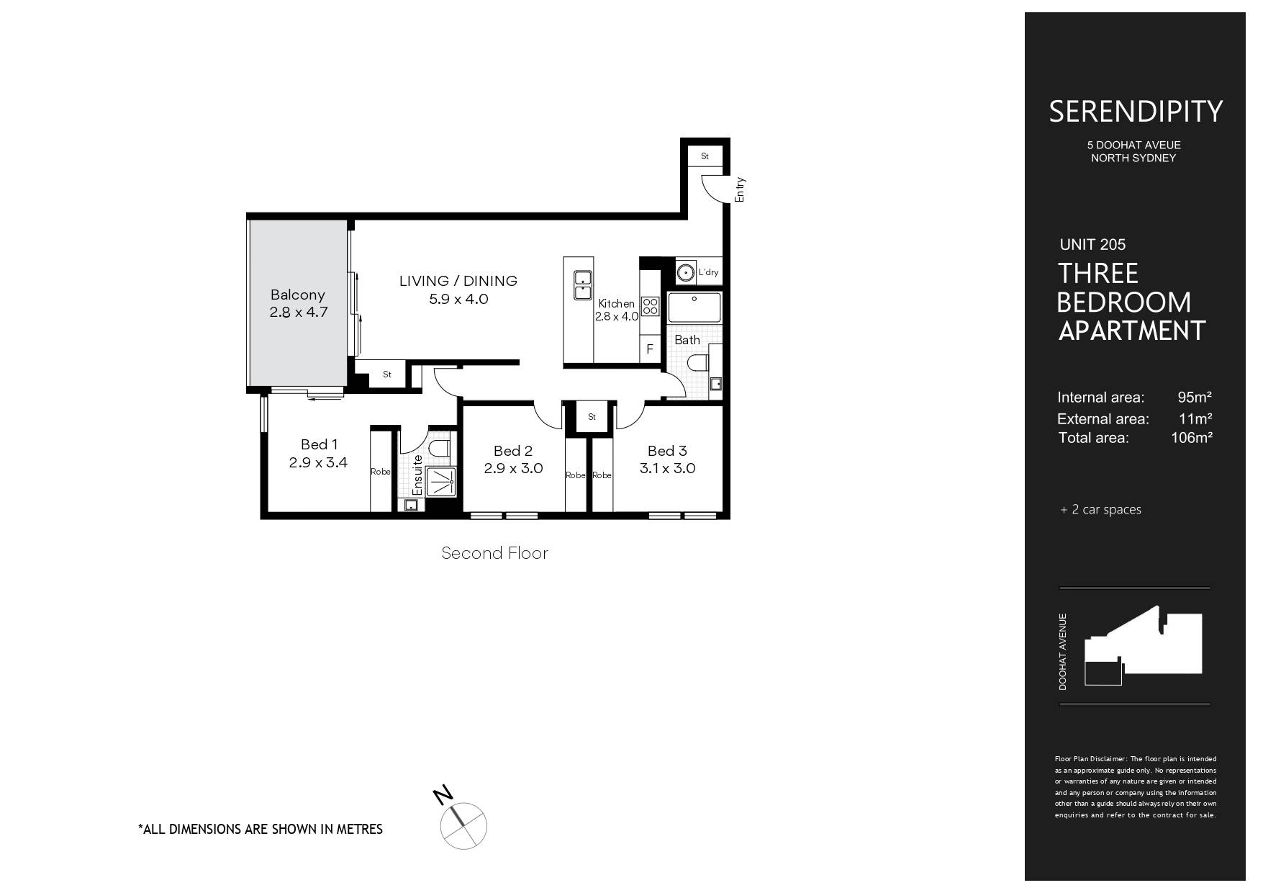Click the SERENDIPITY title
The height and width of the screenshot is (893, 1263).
tap(1135, 112)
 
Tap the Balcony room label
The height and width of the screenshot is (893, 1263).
tap(297, 295)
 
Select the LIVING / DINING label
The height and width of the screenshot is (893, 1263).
tap(458, 281)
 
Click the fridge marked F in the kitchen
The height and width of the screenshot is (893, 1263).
tap(650, 349)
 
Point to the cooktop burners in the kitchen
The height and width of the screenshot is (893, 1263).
tap(650, 306)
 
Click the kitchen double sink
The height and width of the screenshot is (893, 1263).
tap(581, 285)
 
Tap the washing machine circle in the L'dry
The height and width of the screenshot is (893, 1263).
tap(686, 272)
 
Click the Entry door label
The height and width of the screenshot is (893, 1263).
tap(741, 189)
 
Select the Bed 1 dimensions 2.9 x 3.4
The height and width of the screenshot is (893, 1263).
tap(318, 462)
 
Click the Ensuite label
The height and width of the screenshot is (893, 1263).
tap(417, 474)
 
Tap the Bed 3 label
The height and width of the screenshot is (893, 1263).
tap(667, 451)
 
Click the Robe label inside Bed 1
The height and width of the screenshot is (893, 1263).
tap(381, 472)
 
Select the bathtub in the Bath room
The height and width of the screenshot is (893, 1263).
tap(694, 308)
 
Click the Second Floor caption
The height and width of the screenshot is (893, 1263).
tap(494, 553)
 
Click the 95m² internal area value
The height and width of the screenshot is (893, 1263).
tap(1195, 397)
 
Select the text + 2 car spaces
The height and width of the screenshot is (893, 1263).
tap(1100, 510)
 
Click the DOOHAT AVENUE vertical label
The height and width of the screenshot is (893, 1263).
tap(1063, 652)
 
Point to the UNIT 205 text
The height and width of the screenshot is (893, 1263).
tap(1092, 245)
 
